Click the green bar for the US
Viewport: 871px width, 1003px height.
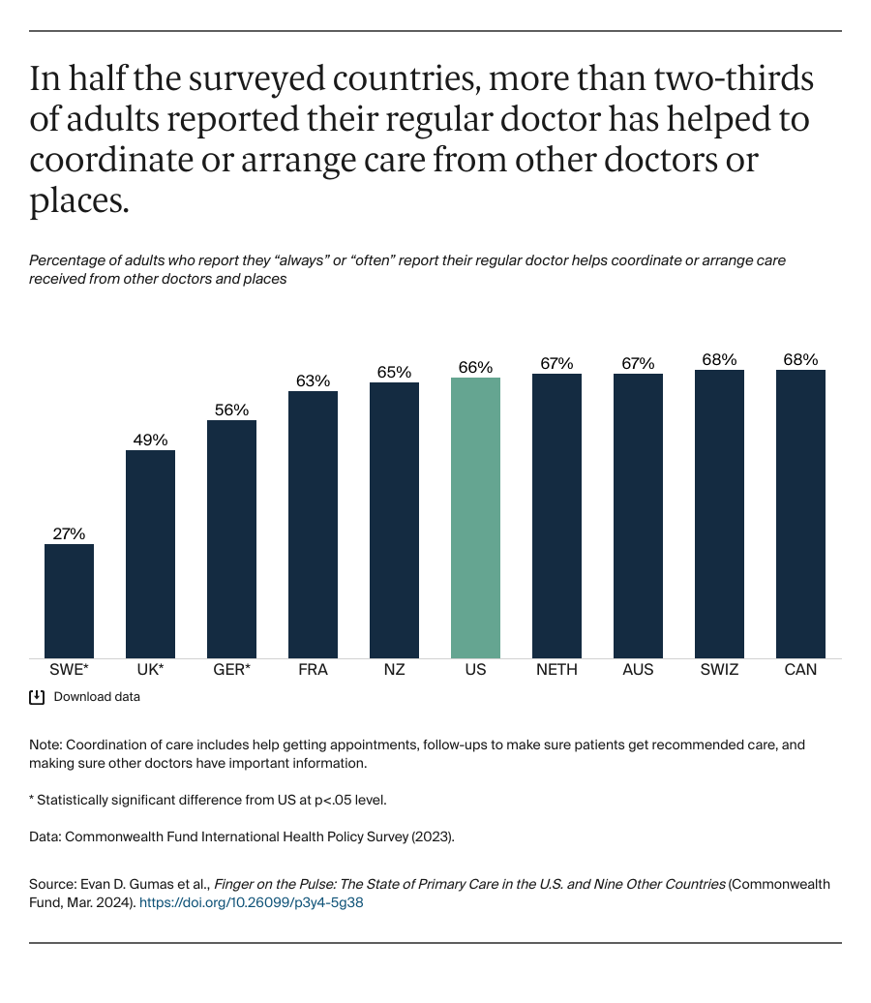coord(475,518)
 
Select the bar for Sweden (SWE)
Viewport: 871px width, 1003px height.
coord(69,601)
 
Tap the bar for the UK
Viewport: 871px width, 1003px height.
coord(150,554)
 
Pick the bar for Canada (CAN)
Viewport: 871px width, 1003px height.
coord(800,514)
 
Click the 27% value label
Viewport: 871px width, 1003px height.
coord(69,533)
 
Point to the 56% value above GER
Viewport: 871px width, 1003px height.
coord(231,410)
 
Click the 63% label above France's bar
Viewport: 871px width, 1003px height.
coord(313,380)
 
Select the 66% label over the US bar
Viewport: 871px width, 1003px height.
coord(475,367)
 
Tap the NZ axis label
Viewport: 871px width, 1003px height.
coord(394,670)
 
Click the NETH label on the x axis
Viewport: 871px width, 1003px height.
coord(556,670)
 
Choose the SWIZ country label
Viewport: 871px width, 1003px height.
coord(719,670)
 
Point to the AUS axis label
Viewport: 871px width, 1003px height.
coord(638,670)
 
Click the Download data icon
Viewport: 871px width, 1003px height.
coord(37,697)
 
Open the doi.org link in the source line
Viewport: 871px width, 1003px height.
coord(251,901)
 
